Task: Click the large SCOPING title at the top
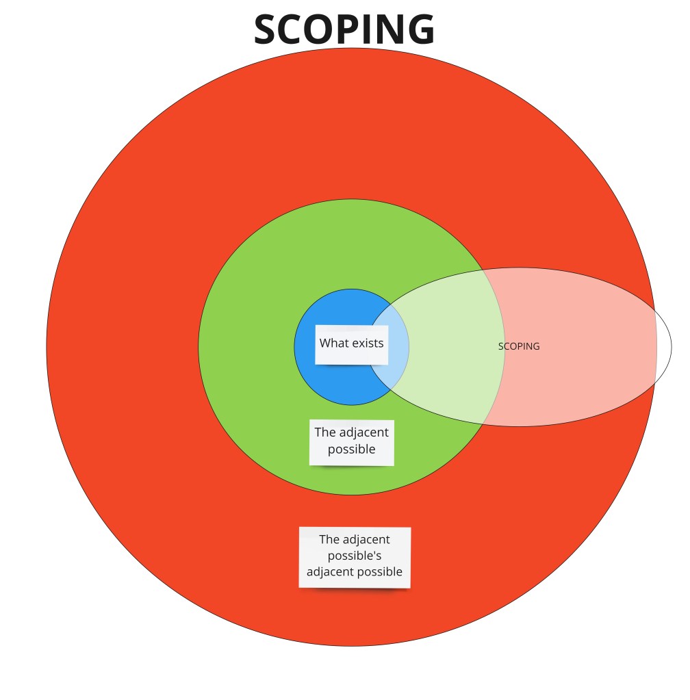coord(344,30)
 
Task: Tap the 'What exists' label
coord(352,343)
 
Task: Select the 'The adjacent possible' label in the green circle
coord(352,441)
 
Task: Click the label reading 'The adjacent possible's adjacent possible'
coord(355,556)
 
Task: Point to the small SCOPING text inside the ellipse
coord(519,346)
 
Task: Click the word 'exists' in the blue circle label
coord(368,343)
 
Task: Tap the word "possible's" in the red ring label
coord(355,556)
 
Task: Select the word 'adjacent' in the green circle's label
coord(363,432)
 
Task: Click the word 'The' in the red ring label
coord(330,539)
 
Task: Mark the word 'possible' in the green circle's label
coord(352,450)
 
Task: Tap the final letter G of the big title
coord(419,30)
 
